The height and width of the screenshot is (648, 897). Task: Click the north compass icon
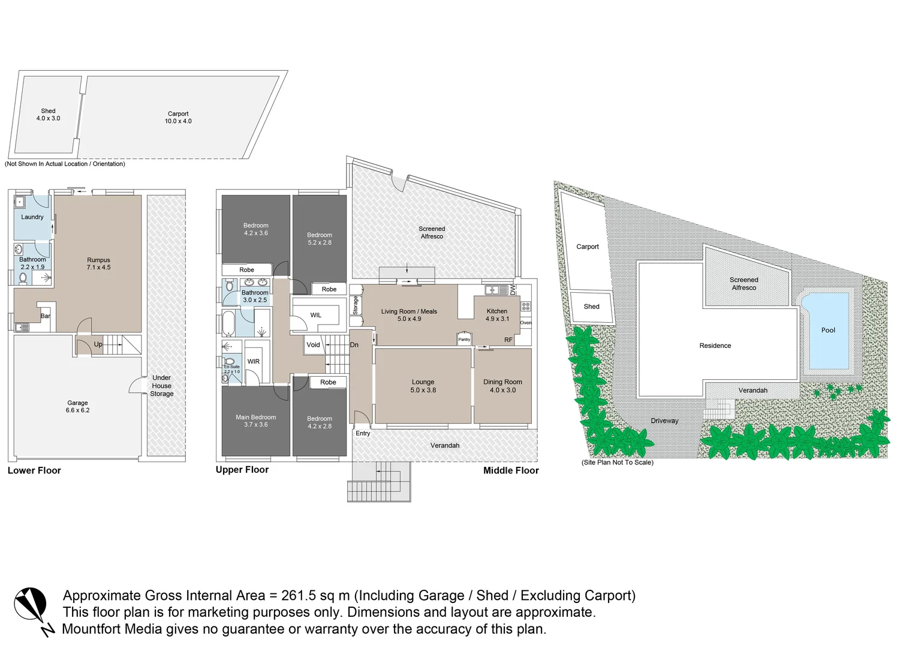point(31,607)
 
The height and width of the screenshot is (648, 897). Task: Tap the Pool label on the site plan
point(828,330)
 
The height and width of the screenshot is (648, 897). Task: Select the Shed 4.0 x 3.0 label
point(48,115)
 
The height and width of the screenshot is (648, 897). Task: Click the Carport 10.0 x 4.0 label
point(178,118)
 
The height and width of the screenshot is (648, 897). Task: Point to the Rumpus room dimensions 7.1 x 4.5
point(98,268)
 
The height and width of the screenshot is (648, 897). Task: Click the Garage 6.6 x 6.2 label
point(77,407)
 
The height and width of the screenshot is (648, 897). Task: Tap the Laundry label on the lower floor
point(32,217)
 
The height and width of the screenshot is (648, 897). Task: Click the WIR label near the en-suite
point(254,362)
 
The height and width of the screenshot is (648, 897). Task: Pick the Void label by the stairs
point(313,345)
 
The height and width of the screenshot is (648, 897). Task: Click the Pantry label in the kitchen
point(464,340)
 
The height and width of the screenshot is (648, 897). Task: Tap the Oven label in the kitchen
point(525,323)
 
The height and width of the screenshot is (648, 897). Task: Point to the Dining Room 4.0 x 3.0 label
point(502,386)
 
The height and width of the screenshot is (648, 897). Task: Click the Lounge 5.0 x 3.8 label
point(423,386)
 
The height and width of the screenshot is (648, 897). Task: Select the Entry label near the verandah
point(363,433)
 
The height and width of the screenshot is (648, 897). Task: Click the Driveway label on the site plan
point(664,421)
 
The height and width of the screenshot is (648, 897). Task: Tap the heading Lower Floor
point(34,470)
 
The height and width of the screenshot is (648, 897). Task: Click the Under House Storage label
point(161,386)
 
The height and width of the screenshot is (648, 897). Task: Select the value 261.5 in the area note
point(299,596)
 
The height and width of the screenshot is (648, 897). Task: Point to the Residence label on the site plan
point(715,346)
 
